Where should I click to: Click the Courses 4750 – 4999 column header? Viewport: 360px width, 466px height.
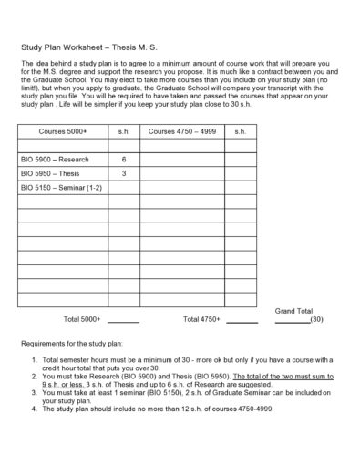[183, 132]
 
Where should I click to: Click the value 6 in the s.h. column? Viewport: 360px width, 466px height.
[124, 159]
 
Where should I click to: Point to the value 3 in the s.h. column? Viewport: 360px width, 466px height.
[124, 172]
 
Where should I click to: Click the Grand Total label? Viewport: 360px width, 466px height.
[293, 311]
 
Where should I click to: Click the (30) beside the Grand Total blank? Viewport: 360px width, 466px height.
[316, 321]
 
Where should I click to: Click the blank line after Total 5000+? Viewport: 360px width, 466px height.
[123, 323]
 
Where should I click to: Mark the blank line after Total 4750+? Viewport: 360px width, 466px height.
[242, 323]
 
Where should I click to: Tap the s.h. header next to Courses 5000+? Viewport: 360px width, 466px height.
[124, 132]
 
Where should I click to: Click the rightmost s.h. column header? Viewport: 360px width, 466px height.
[241, 132]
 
